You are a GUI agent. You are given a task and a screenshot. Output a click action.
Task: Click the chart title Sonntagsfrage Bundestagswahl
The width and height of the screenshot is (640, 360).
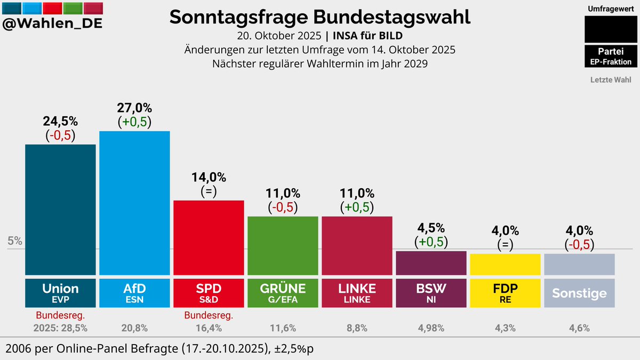click(x=320, y=17)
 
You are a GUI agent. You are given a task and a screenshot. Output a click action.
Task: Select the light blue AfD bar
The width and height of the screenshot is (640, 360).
click(x=134, y=203)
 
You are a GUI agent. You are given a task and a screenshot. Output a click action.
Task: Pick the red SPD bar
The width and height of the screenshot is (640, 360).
click(x=209, y=237)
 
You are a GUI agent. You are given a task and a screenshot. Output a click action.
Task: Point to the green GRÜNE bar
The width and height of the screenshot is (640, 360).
click(x=283, y=245)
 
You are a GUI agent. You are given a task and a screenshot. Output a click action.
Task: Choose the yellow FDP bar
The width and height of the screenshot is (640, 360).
click(x=505, y=264)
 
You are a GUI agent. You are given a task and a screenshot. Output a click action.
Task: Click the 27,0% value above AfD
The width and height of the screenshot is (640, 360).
click(x=134, y=107)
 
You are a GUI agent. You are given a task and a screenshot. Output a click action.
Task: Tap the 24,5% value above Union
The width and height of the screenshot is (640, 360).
click(x=60, y=121)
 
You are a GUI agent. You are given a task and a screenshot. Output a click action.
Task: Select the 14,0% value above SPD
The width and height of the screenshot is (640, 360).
click(x=209, y=177)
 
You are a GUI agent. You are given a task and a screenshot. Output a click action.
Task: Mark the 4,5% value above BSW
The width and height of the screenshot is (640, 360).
click(x=431, y=228)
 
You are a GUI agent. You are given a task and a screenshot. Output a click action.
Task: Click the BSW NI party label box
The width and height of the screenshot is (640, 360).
click(x=431, y=292)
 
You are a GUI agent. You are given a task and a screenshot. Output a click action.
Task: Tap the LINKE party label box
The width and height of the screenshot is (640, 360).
click(x=357, y=292)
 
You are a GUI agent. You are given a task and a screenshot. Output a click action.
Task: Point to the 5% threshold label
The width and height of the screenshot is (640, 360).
click(x=15, y=241)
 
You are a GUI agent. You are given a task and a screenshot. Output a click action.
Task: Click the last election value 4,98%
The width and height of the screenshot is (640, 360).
click(x=431, y=328)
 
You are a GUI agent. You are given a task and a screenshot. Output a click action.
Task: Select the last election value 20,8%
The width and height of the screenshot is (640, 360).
click(x=134, y=328)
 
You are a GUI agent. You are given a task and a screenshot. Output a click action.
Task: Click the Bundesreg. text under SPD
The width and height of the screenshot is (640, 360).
click(x=209, y=316)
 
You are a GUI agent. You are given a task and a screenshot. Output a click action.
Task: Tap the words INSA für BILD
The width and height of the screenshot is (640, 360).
click(x=367, y=36)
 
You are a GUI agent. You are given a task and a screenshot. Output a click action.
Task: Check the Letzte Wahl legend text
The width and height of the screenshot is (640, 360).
click(x=611, y=80)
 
